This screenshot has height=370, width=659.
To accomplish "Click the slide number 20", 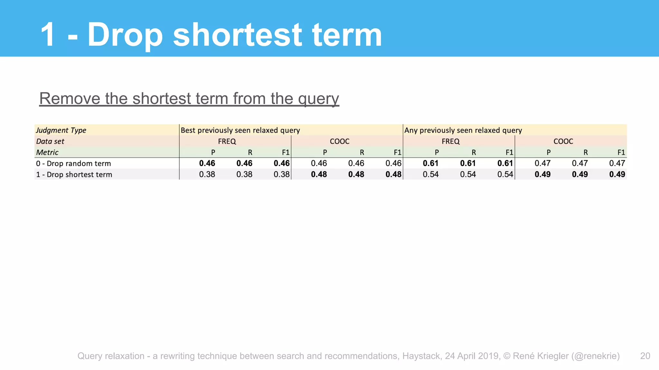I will [645, 356].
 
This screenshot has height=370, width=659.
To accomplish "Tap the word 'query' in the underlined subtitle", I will [318, 99].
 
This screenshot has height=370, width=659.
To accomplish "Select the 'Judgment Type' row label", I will [61, 130].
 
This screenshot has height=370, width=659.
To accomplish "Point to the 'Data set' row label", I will [50, 141].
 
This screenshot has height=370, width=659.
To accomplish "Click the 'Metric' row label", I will [47, 152].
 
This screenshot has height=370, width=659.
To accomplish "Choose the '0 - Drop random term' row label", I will [73, 163].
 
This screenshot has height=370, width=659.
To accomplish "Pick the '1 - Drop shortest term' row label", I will [74, 174].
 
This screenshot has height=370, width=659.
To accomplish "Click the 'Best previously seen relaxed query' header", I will [240, 130].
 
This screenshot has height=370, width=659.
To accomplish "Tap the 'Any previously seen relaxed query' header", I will [463, 130].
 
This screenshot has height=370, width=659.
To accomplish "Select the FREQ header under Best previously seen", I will [227, 141].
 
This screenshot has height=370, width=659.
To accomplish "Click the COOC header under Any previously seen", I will [563, 141].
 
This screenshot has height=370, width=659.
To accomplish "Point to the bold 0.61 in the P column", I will [431, 163].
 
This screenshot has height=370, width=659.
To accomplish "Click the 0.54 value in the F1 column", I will [505, 174].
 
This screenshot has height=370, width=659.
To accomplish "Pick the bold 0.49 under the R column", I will [580, 174].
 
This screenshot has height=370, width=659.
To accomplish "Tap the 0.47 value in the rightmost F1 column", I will [617, 163].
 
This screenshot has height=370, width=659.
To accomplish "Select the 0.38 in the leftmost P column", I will [207, 174].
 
